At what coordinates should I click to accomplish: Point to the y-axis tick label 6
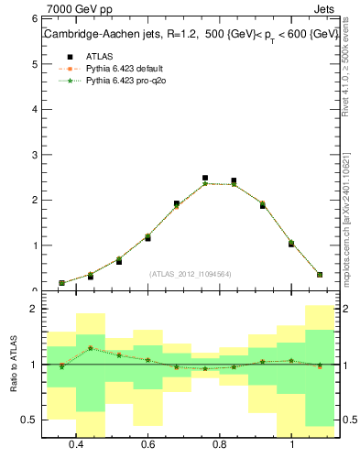(33, 19)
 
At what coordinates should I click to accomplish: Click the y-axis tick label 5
(33, 64)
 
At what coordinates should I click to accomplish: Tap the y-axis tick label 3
(33, 155)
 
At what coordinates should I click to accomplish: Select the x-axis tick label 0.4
(76, 445)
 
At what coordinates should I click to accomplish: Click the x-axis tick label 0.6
(147, 445)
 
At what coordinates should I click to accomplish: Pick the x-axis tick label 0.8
(220, 445)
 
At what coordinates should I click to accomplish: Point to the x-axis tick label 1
(291, 445)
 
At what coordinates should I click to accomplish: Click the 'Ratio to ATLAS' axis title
(14, 365)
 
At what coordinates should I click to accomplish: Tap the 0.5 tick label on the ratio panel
(28, 420)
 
